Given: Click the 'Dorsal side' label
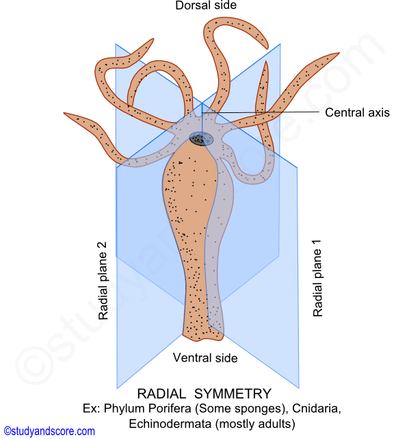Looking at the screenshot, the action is pos(206,5).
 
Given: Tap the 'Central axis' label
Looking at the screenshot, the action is pos(357,112).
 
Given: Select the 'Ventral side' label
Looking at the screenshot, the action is pos(205,358).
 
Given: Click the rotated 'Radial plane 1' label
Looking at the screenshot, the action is pos(317,278).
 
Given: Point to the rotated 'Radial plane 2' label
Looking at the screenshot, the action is pos(103,281).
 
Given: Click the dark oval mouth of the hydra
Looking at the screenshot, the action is pos(201,138).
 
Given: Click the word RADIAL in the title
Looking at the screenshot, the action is pos(161,394).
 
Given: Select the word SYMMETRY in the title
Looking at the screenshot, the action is pos(233,394).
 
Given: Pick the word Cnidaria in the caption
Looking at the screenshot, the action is pos(317,409).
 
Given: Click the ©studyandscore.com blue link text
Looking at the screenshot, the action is pos(49,431).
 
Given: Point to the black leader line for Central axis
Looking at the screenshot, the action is pos(261,112).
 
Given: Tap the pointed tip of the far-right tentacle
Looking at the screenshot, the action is pos(339,53).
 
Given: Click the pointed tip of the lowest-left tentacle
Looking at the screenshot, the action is pos(64,113).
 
